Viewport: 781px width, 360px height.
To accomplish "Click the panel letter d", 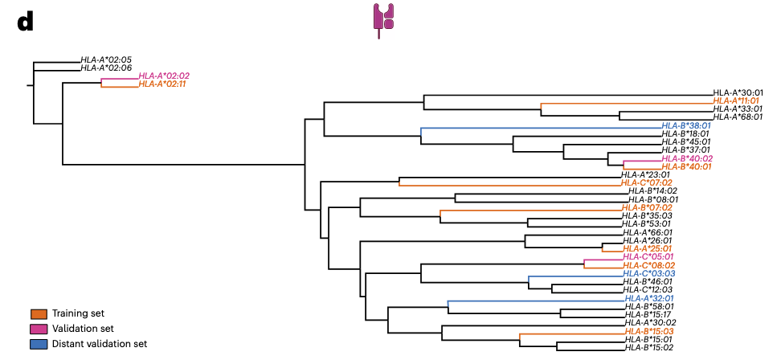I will (25, 22).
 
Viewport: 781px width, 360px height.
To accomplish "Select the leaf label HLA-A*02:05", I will (106, 60).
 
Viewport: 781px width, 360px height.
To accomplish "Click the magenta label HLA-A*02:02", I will (164, 76).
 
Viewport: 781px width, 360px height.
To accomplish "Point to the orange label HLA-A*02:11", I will (163, 84).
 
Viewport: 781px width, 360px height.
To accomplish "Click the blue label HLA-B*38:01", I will (686, 125).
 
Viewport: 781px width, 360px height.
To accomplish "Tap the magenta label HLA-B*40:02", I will (686, 158).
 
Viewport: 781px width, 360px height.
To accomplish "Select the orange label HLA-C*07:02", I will (647, 182).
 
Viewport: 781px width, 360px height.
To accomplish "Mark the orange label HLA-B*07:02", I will (647, 207).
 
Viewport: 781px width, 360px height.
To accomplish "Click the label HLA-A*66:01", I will (647, 232).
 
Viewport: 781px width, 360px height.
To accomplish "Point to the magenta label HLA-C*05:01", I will (648, 256).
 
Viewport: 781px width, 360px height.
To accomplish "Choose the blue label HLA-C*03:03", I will (648, 273).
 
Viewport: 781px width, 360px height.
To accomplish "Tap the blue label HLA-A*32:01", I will (648, 298).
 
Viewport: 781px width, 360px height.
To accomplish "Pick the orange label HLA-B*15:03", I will (648, 331).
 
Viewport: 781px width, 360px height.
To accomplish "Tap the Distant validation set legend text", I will (100, 344).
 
